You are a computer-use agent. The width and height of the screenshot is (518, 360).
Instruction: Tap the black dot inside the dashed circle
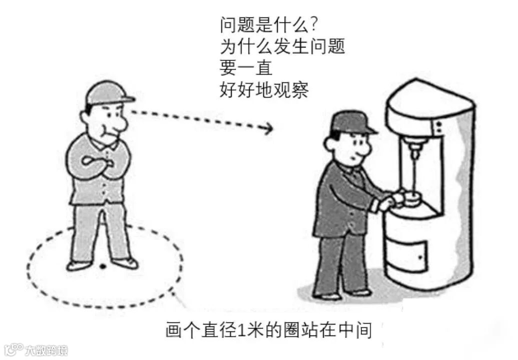click(x=103, y=266)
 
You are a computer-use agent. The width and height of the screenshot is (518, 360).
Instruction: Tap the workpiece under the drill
click(x=411, y=197)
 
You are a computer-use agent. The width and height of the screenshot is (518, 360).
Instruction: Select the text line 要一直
click(x=246, y=68)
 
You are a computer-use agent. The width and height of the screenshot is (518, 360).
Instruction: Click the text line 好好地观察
click(x=264, y=90)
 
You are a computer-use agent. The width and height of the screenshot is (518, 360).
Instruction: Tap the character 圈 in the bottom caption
click(x=291, y=329)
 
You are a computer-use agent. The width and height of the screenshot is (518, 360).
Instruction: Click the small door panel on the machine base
click(x=407, y=256)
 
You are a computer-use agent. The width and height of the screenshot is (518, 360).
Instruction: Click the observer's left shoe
click(x=125, y=262)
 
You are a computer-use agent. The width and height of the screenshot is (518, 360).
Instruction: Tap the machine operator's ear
click(x=329, y=144)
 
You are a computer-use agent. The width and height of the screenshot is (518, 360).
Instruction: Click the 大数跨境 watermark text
click(x=47, y=350)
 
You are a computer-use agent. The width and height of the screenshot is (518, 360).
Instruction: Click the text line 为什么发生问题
click(x=282, y=46)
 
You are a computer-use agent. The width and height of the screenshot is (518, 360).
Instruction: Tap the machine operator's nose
click(x=366, y=150)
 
